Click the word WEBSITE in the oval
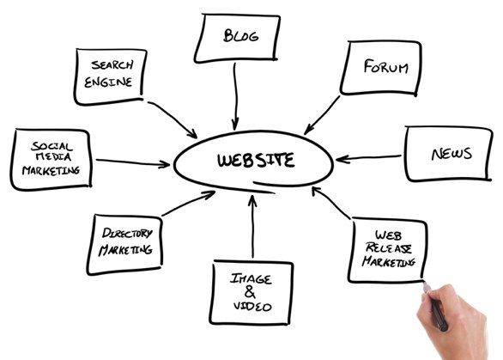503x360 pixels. pyautogui.click(x=256, y=160)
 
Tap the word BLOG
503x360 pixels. pyautogui.click(x=240, y=35)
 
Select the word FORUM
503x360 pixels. pyautogui.click(x=386, y=66)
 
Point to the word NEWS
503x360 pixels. pyautogui.click(x=451, y=154)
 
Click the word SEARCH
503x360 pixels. pyautogui.click(x=112, y=65)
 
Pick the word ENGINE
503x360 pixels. pyautogui.click(x=108, y=82)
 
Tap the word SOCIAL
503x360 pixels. pyautogui.click(x=52, y=146)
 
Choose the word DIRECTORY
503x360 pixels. pyautogui.click(x=127, y=233)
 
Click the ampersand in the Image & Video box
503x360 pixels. pyautogui.click(x=250, y=292)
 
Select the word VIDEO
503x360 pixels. pyautogui.click(x=252, y=307)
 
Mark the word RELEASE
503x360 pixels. pyautogui.click(x=389, y=248)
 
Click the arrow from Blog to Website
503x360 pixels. pyautogui.click(x=236, y=96)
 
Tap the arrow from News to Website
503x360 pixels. pyautogui.click(x=368, y=158)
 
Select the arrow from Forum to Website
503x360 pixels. pyautogui.click(x=322, y=115)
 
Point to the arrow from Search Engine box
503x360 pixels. pyautogui.click(x=173, y=119)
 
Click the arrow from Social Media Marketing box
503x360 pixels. pyautogui.click(x=133, y=162)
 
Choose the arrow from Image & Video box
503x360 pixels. pyautogui.click(x=252, y=226)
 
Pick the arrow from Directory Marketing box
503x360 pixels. pyautogui.click(x=189, y=204)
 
